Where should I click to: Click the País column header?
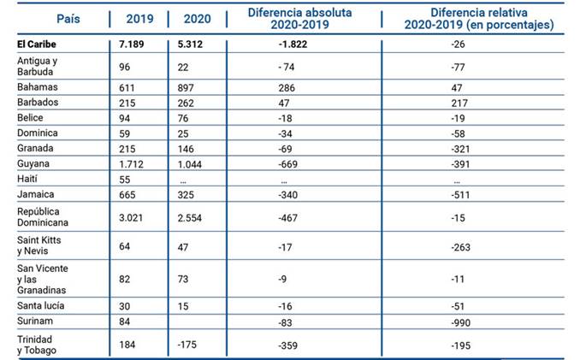point(56,18)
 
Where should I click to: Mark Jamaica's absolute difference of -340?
point(291,196)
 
